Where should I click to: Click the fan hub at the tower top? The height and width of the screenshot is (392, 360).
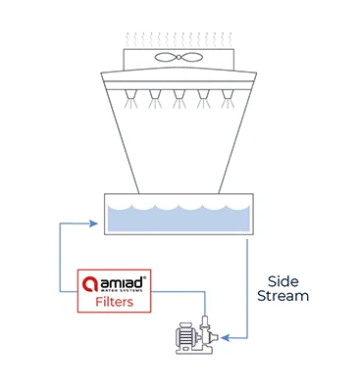[180, 56]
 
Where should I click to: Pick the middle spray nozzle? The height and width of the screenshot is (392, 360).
[180, 98]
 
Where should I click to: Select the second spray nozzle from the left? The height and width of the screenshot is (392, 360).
[154, 98]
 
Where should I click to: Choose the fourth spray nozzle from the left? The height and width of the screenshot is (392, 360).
[205, 98]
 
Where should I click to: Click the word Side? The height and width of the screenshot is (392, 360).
[276, 278]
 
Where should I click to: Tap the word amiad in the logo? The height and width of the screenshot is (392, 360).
[120, 281]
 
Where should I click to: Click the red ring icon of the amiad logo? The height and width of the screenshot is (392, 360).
[90, 284]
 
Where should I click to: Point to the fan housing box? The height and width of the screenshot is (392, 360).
[180, 58]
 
